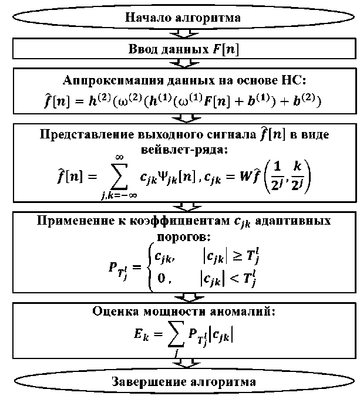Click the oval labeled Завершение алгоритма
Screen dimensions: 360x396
pyautogui.click(x=184, y=381)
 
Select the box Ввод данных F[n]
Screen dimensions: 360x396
pyautogui.click(x=183, y=49)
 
